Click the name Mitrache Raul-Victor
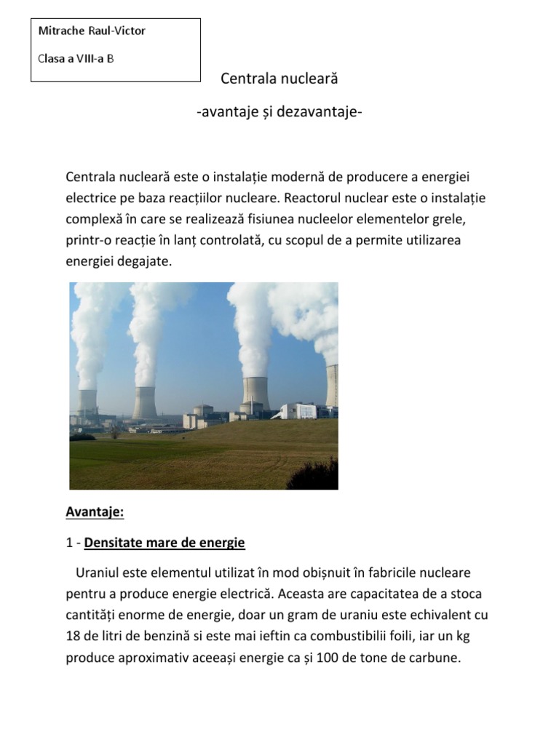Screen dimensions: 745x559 click(x=92, y=31)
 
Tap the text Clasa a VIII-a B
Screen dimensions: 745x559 click(x=76, y=58)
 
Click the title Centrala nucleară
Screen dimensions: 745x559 click(x=279, y=78)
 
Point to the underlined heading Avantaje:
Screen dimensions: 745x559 click(x=95, y=512)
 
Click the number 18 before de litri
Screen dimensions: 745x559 click(x=73, y=637)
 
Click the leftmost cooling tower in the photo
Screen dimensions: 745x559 click(x=88, y=401)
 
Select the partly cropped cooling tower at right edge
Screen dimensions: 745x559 click(x=332, y=385)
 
